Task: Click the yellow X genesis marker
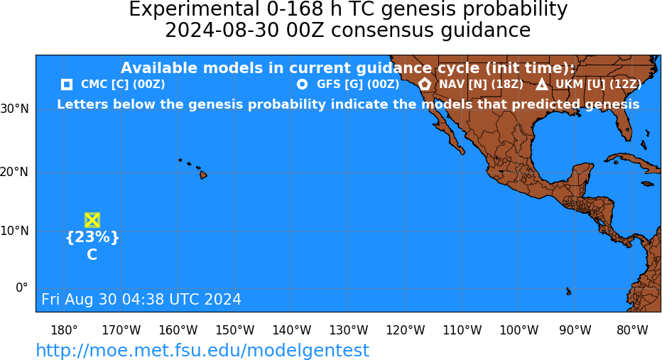(x=92, y=220)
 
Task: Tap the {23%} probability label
(x=92, y=237)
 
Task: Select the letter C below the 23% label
(x=92, y=255)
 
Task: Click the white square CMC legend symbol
(x=67, y=84)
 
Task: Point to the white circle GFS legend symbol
(x=303, y=84)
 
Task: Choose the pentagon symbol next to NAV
(x=425, y=84)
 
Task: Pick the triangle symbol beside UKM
(x=542, y=84)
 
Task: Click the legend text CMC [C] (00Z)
(x=123, y=84)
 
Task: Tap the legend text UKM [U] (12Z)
(x=598, y=84)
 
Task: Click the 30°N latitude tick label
(x=15, y=109)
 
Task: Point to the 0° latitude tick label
(x=21, y=288)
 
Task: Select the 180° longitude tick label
(x=64, y=330)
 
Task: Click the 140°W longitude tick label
(x=292, y=330)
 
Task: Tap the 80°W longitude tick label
(x=632, y=330)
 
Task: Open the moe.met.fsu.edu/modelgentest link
(x=202, y=350)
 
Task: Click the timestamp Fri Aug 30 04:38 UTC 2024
(x=141, y=299)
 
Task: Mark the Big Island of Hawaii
(x=203, y=174)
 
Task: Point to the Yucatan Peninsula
(x=582, y=173)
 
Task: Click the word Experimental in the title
(x=194, y=9)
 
